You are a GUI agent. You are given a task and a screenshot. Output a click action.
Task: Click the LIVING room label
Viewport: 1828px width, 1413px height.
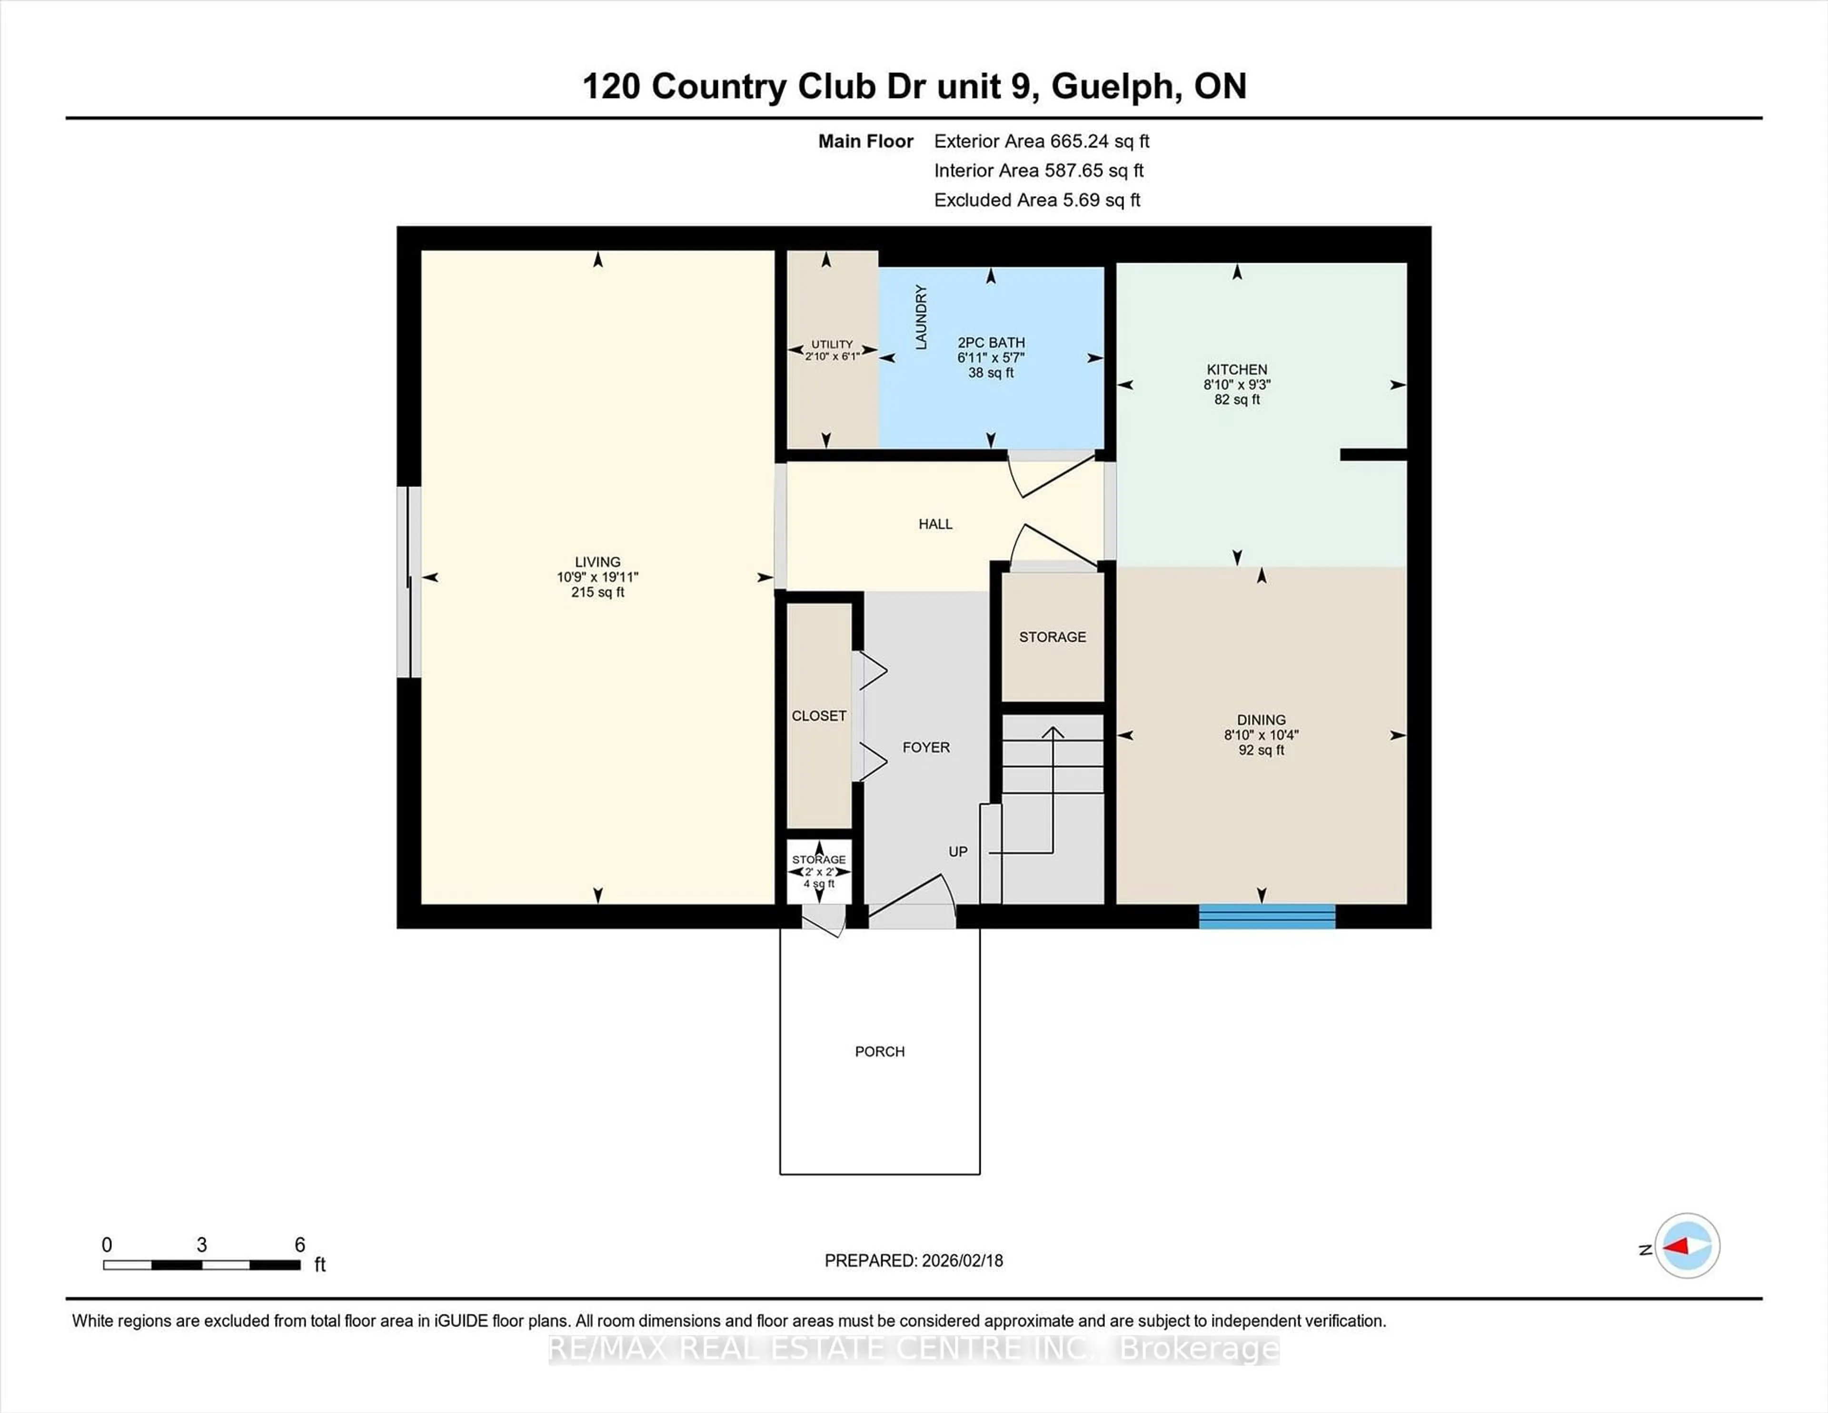[x=597, y=562]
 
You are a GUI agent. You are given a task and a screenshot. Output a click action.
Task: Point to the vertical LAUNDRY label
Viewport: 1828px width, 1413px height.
[x=921, y=317]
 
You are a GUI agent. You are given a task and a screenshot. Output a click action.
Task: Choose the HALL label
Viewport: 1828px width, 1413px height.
[x=935, y=524]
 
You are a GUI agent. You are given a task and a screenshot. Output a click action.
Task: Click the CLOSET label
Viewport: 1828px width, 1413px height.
[x=819, y=716]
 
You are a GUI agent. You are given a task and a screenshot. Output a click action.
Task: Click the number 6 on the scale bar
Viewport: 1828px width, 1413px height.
[x=299, y=1245]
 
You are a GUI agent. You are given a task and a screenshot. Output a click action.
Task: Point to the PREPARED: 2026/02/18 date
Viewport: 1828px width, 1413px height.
[x=913, y=1261]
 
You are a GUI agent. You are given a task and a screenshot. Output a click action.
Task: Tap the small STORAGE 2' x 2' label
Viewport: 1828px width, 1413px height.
[x=819, y=860]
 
